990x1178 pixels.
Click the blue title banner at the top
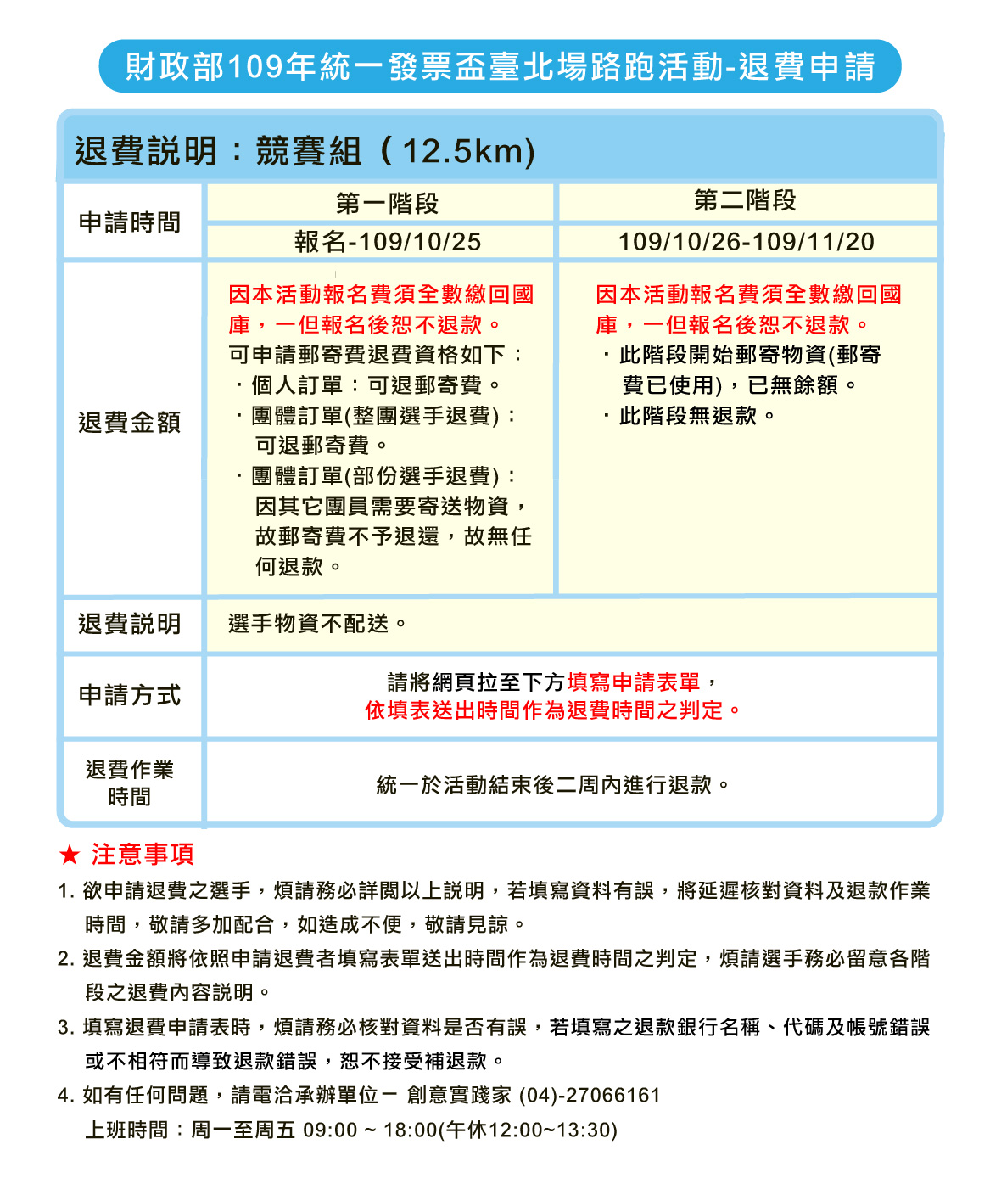click(500, 66)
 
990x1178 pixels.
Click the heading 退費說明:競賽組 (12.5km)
click(305, 151)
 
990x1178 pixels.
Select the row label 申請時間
click(130, 222)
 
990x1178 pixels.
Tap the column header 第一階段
click(387, 204)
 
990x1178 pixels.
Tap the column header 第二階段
click(745, 201)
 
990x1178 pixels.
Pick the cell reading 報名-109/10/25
click(388, 242)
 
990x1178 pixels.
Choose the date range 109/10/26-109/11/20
click(746, 242)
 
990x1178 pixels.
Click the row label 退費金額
click(130, 423)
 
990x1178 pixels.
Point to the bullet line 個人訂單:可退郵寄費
click(370, 385)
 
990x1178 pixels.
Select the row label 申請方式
click(130, 695)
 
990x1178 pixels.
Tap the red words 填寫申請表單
click(635, 682)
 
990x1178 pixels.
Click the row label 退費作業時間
click(130, 783)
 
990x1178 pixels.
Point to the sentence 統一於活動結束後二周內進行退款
click(552, 785)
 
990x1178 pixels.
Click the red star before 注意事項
click(70, 855)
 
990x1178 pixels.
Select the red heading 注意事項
click(143, 854)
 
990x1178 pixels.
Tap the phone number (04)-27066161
click(590, 1096)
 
